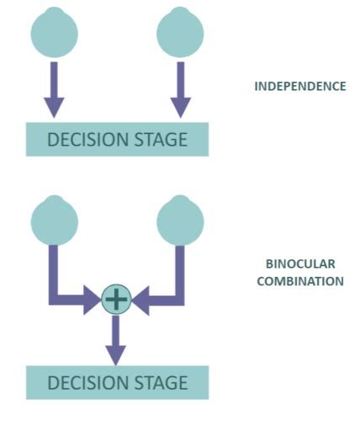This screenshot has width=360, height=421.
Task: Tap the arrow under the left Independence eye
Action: [x=54, y=88]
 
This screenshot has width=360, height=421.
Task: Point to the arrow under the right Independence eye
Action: [x=180, y=88]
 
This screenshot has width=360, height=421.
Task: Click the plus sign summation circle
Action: [x=116, y=299]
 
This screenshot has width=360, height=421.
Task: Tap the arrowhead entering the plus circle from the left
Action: [x=93, y=299]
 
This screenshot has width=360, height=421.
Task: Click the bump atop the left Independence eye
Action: [x=54, y=13]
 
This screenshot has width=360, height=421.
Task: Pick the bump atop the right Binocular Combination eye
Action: [x=180, y=200]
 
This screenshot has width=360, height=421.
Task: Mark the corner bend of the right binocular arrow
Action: [x=179, y=299]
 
